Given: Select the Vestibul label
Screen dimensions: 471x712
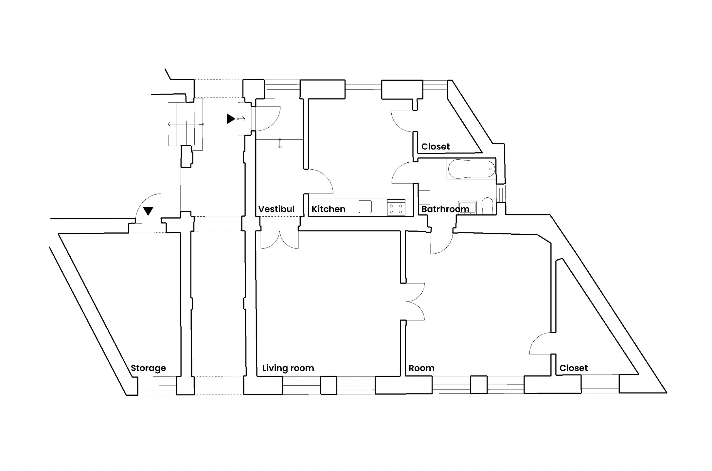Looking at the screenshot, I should point(276,209).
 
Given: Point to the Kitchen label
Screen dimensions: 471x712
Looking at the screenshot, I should point(328,209).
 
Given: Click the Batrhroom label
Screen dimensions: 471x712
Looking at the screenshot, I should point(445,209).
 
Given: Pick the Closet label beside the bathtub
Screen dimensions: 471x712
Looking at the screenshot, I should point(435,147).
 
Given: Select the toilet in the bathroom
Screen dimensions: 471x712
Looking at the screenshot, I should point(487,206).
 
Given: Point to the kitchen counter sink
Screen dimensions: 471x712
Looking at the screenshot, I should point(365,207).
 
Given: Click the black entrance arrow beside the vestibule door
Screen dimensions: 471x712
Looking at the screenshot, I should point(230,119).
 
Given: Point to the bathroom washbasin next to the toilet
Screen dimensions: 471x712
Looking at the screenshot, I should point(467,207).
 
